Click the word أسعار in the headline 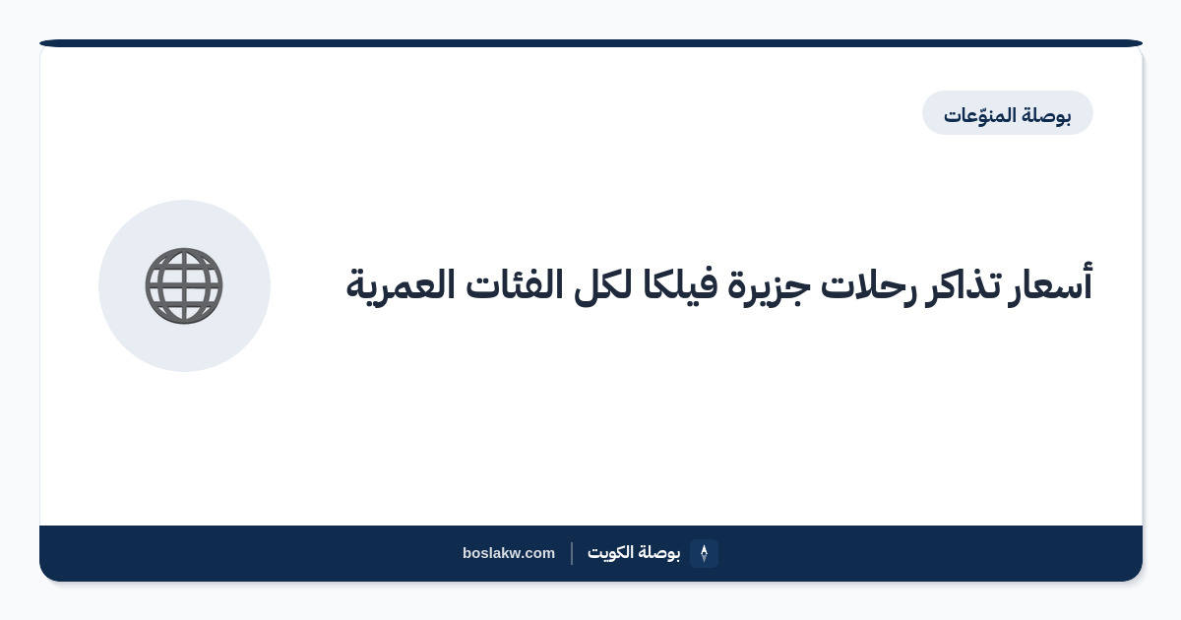(x=1050, y=284)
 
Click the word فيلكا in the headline (x=680, y=285)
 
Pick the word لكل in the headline (x=602, y=285)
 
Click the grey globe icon (x=184, y=285)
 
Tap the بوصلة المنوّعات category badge (x=1007, y=113)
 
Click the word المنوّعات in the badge (x=979, y=115)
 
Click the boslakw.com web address (x=509, y=553)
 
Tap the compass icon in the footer (x=704, y=553)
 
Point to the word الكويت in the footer (x=610, y=552)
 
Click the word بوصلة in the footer (x=659, y=553)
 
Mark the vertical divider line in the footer (x=572, y=553)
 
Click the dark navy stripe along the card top (x=591, y=43)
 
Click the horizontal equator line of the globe (x=184, y=286)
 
